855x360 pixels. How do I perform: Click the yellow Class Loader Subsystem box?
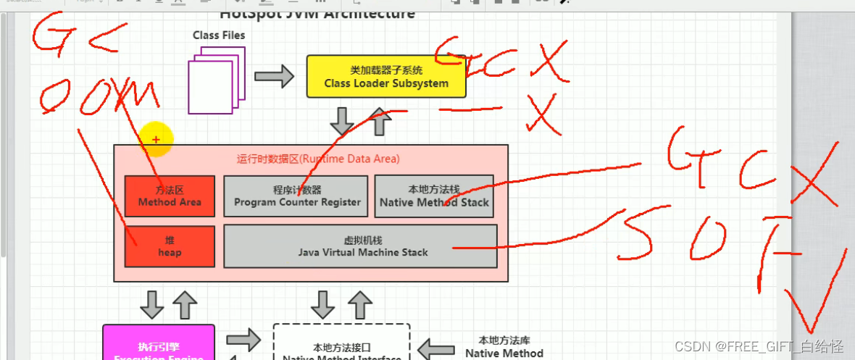pyautogui.click(x=386, y=77)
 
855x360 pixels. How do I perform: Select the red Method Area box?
pyautogui.click(x=170, y=196)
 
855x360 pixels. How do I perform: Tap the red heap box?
pyautogui.click(x=170, y=246)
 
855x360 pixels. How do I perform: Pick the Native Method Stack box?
pyautogui.click(x=434, y=196)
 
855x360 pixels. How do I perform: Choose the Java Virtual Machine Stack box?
pyautogui.click(x=360, y=246)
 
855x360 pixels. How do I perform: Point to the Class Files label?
pyautogui.click(x=219, y=35)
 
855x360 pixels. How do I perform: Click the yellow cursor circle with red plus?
pyautogui.click(x=156, y=139)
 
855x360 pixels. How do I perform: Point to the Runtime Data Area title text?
pyautogui.click(x=318, y=159)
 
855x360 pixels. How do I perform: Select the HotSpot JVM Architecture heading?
pyautogui.click(x=317, y=14)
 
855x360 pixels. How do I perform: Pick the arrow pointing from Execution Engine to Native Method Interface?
pyautogui.click(x=243, y=339)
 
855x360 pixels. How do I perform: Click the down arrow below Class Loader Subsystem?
pyautogui.click(x=342, y=120)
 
